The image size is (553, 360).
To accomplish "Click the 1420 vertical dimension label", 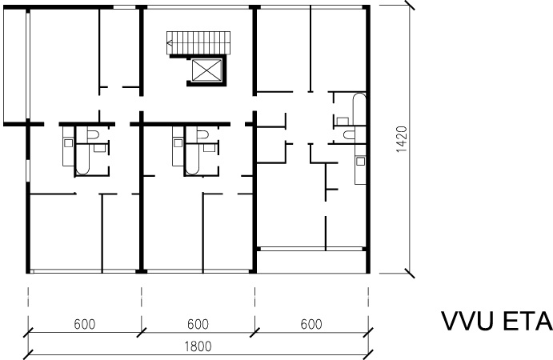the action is click(402, 139).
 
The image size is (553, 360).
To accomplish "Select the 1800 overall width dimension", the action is click(198, 346).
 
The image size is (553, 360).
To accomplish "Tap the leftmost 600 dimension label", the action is click(85, 324).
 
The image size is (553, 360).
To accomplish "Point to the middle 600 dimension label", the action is click(198, 324).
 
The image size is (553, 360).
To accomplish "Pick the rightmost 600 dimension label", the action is click(311, 324).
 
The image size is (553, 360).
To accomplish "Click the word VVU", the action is click(467, 322).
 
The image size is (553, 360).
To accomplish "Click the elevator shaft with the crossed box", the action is click(206, 70).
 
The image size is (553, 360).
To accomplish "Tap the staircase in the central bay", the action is click(198, 43).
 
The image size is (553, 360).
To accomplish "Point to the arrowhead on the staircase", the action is click(170, 43).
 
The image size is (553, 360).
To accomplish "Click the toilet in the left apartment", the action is click(92, 134).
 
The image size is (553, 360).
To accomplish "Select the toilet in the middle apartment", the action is click(202, 134).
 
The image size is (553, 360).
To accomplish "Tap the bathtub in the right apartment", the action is click(359, 109).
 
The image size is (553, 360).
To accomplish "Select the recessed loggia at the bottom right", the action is click(311, 262).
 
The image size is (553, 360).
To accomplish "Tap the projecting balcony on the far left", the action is click(15, 66).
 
